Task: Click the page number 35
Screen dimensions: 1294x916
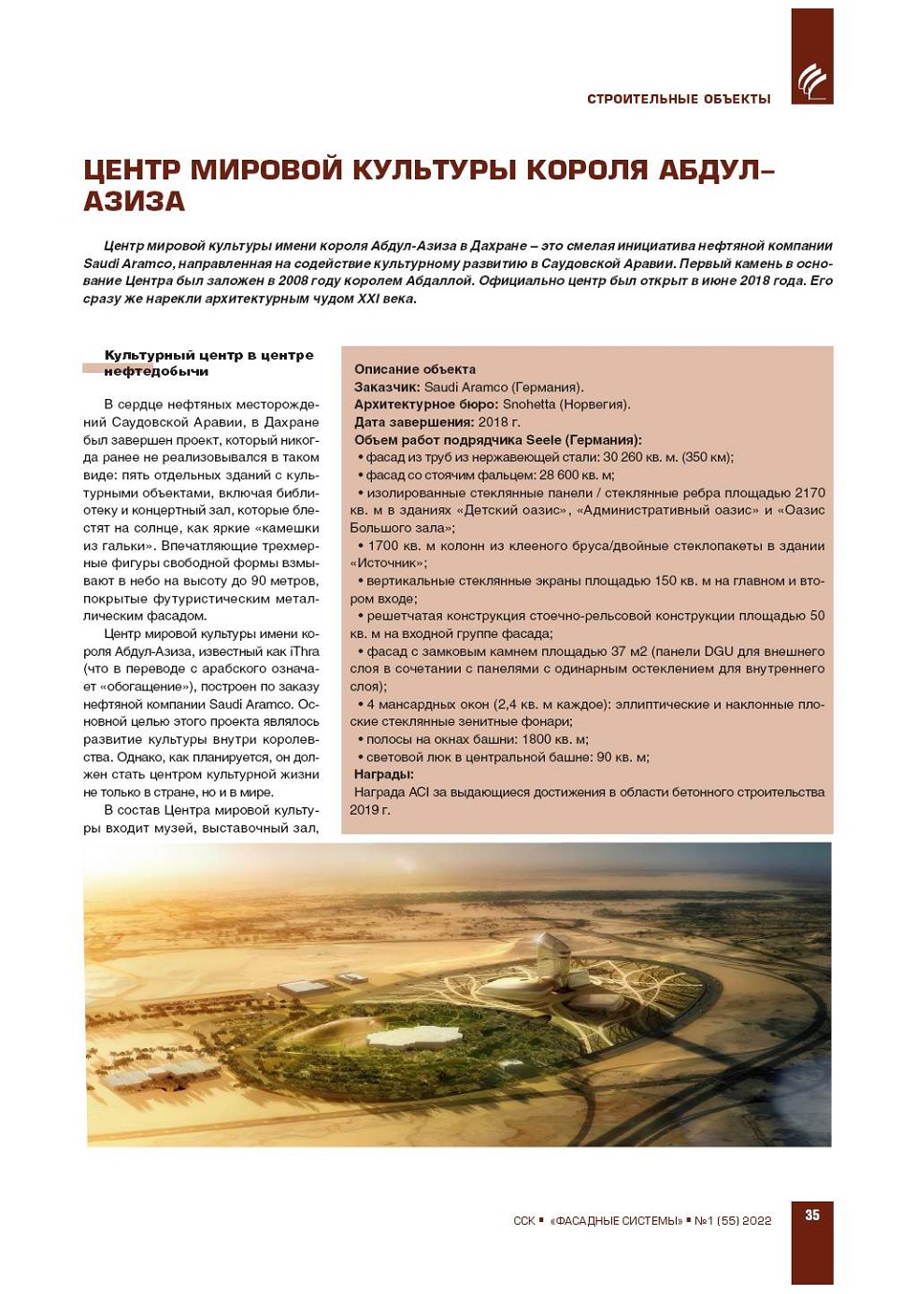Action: (812, 1215)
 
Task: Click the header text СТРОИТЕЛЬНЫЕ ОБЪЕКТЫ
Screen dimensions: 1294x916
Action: (679, 99)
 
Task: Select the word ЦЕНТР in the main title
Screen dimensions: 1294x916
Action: (132, 170)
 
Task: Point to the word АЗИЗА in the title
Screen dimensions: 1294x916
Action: (135, 202)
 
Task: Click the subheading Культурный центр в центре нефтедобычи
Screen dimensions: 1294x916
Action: (208, 363)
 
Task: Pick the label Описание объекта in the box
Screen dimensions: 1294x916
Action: (414, 369)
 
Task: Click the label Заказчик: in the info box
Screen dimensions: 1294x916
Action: (387, 387)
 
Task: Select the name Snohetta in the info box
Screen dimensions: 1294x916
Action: (528, 405)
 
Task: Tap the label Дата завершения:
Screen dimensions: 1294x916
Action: (413, 422)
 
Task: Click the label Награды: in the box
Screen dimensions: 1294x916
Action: (383, 775)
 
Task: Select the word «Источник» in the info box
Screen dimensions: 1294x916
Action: (387, 563)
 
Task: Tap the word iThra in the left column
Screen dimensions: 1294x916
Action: (305, 652)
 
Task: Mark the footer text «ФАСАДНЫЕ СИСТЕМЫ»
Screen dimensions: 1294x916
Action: (616, 1221)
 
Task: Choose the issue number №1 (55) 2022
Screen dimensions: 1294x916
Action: (733, 1221)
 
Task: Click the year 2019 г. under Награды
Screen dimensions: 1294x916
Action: (369, 810)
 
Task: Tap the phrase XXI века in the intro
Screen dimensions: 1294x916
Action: (386, 299)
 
